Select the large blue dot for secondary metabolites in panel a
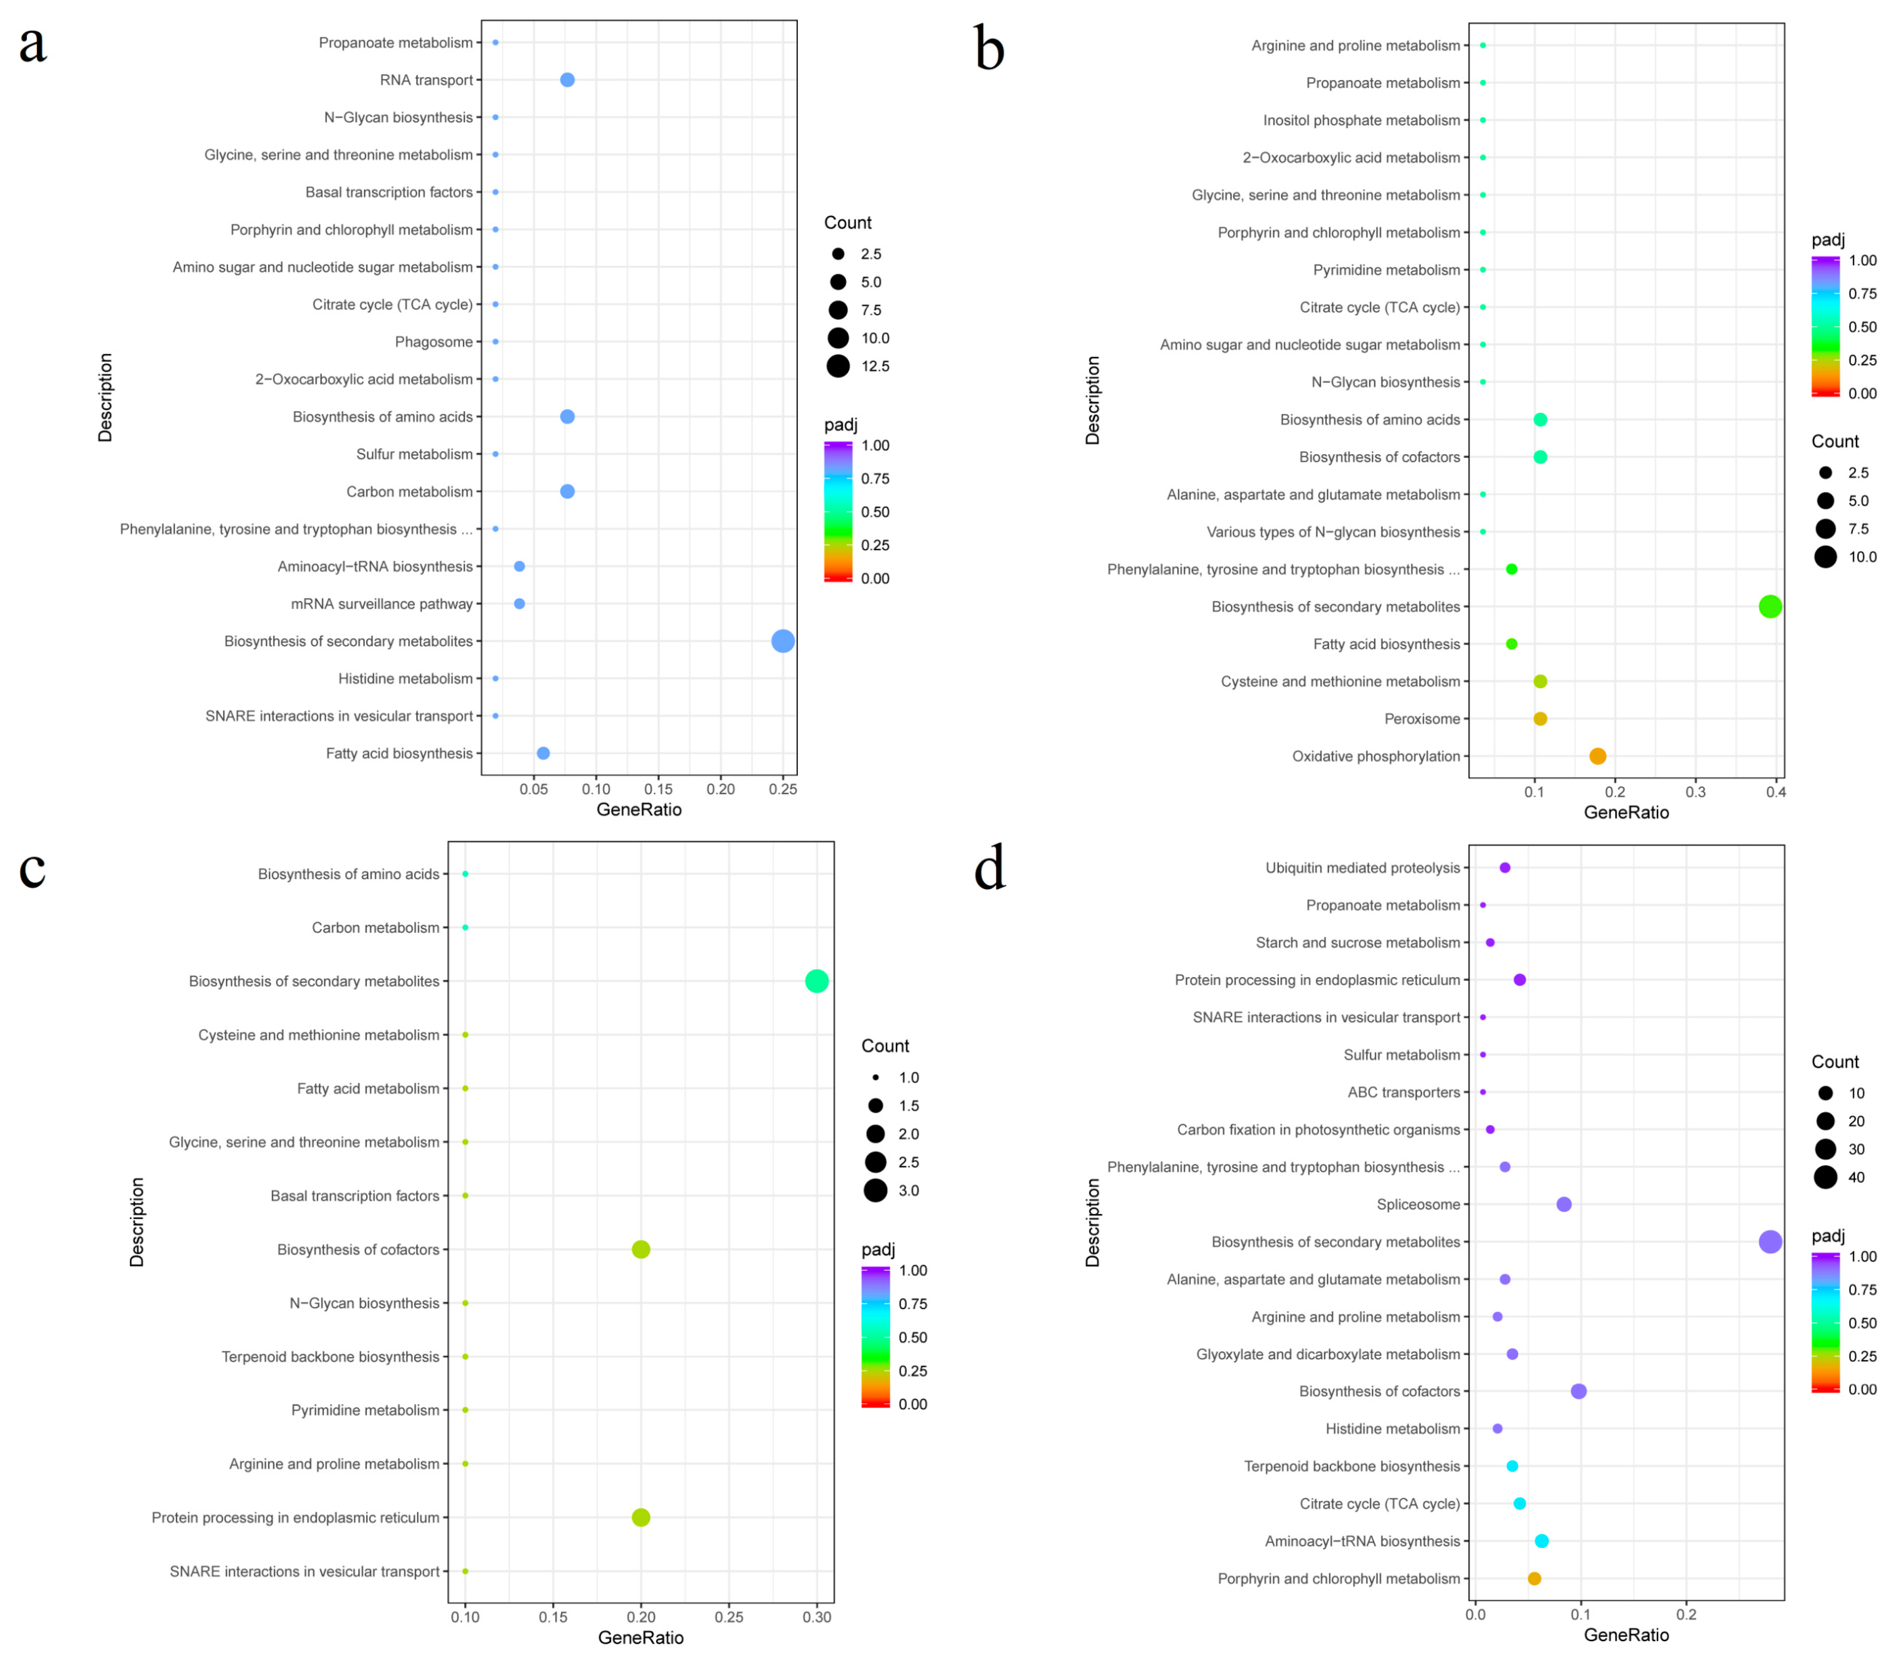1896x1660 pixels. click(x=782, y=641)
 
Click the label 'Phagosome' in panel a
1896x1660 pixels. click(x=433, y=342)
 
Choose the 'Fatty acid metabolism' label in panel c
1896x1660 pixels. click(x=368, y=1088)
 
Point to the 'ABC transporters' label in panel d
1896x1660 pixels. click(x=1403, y=1092)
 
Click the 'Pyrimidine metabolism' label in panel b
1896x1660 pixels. click(x=1386, y=270)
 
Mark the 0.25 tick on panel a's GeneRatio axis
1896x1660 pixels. click(x=782, y=789)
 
